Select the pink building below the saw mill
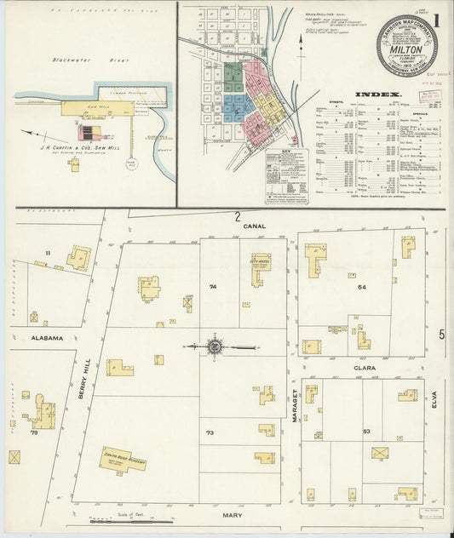pyautogui.click(x=88, y=133)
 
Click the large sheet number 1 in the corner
pyautogui.click(x=437, y=19)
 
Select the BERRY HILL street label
pyautogui.click(x=86, y=373)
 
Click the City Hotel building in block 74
pyautogui.click(x=259, y=265)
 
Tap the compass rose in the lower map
pyautogui.click(x=215, y=346)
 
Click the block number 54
pyautogui.click(x=362, y=288)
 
